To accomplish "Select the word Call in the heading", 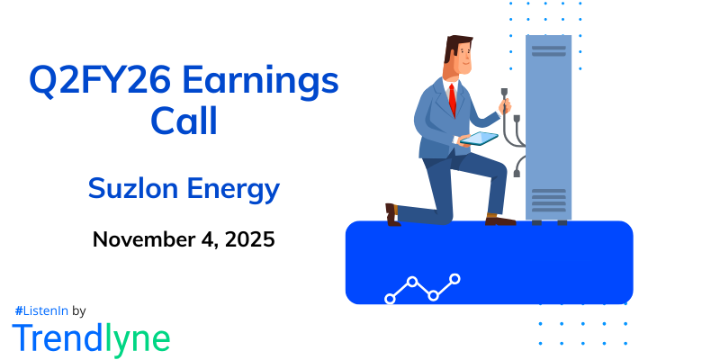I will pos(184,121).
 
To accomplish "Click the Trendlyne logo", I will pos(91,337).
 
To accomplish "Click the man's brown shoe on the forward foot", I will pos(500,219).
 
